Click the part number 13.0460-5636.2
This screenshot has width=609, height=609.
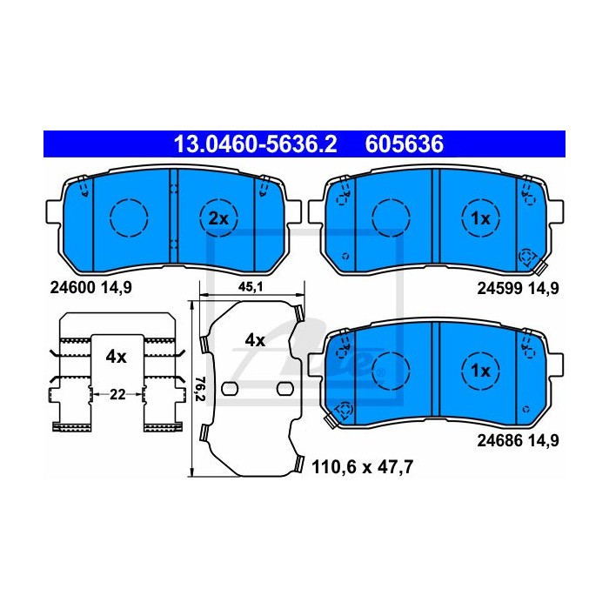(255, 144)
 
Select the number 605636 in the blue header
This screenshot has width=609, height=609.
(404, 144)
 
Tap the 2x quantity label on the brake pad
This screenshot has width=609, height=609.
(218, 219)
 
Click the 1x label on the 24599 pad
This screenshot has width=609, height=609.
(480, 219)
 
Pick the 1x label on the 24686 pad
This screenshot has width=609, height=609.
(480, 371)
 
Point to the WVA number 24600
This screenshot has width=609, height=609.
(72, 288)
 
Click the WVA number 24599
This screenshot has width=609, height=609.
(499, 289)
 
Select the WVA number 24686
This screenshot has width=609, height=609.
(499, 441)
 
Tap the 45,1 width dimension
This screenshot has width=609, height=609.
(251, 287)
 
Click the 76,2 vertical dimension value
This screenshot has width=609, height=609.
(199, 389)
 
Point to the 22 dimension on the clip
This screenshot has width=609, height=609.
(117, 395)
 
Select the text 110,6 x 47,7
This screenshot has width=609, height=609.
(363, 467)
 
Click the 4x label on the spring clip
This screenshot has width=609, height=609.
(116, 357)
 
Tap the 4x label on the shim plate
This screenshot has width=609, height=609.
(255, 341)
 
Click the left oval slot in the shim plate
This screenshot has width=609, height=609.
(230, 388)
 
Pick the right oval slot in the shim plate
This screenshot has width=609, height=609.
(285, 388)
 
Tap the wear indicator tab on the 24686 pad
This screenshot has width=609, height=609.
(331, 420)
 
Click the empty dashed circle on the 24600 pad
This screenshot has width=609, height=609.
(129, 217)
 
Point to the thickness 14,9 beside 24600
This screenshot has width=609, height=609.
(117, 288)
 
